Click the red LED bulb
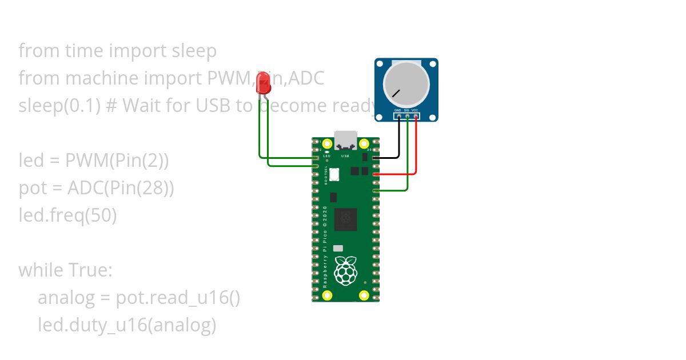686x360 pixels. coord(263,84)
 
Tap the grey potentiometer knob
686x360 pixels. coord(406,83)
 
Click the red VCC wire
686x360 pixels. coord(416,149)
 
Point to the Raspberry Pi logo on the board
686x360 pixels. coord(345,271)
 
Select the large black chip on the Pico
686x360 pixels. coord(346,219)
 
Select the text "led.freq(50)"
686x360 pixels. coord(67,215)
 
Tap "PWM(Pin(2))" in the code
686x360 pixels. coord(117,161)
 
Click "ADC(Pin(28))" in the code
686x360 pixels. coord(121,188)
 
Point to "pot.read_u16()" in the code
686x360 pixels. coord(178,298)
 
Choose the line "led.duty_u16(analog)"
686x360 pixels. coord(127,325)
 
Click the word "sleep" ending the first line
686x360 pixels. coord(194,51)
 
